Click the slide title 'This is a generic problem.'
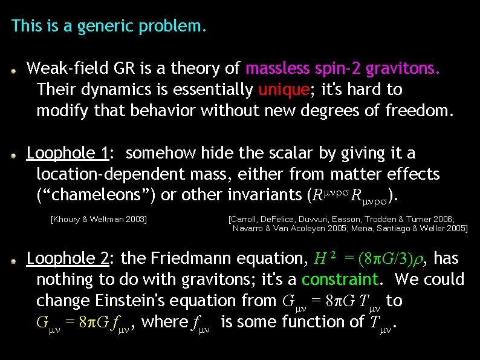109,27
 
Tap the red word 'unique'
284,90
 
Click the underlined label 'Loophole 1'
67,154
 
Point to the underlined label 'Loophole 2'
68,259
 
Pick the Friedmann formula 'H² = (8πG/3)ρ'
367,259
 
